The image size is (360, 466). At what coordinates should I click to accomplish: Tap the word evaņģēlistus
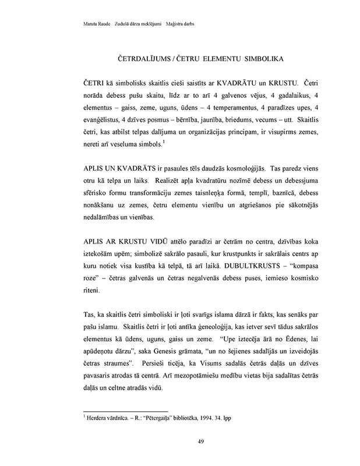coord(101,121)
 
